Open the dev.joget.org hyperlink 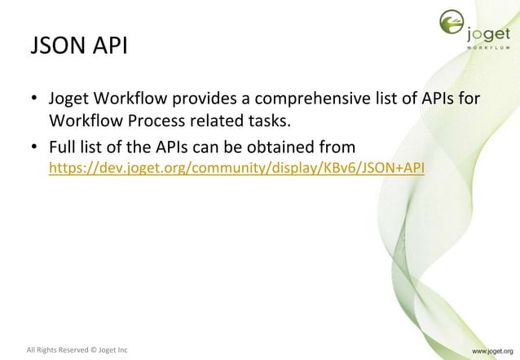236,169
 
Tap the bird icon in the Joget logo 451,25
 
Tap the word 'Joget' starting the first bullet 68,100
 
